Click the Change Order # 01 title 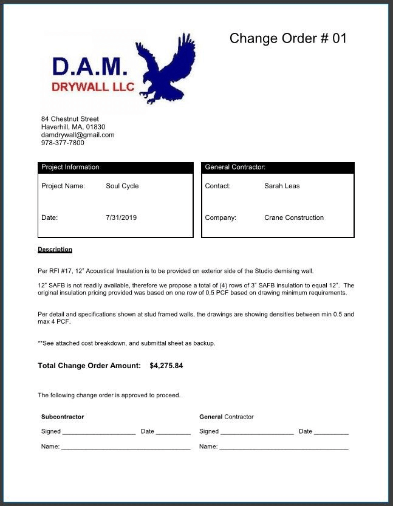288,38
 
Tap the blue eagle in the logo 165,66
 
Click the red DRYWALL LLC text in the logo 93,87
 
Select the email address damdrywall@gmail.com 78,135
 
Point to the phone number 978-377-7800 63,143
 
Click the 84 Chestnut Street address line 70,118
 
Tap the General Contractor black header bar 278,167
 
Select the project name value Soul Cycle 122,186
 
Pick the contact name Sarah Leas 282,186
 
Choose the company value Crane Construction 294,217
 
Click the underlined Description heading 55,249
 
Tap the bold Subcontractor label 63,417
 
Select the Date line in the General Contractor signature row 331,432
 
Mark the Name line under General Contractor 284,448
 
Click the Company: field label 220,217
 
